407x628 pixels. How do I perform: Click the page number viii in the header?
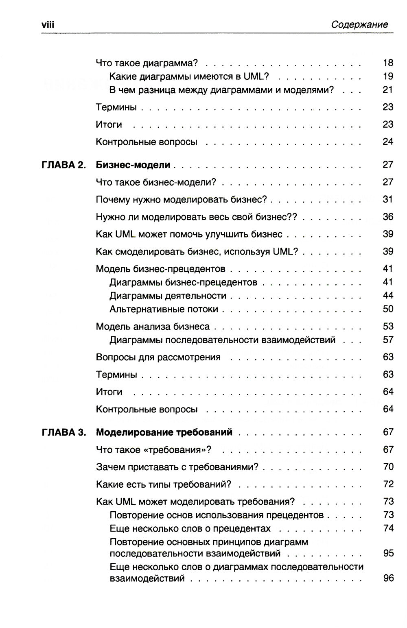(x=48, y=25)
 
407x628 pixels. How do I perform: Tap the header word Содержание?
(x=359, y=25)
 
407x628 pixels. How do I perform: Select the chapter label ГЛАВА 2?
(x=64, y=165)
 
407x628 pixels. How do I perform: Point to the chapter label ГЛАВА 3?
(x=64, y=432)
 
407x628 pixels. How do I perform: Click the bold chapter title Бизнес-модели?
(x=133, y=165)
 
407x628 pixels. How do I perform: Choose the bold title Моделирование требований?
(x=164, y=432)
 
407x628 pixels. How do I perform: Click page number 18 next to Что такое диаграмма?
(x=388, y=63)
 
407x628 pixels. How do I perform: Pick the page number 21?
(x=388, y=90)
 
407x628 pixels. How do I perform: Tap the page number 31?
(x=388, y=199)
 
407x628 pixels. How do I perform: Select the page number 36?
(x=388, y=217)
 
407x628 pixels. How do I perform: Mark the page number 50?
(x=388, y=309)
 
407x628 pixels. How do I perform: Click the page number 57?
(x=388, y=340)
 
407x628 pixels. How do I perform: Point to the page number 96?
(x=388, y=578)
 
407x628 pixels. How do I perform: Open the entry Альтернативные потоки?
(x=164, y=309)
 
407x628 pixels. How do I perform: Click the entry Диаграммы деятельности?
(x=168, y=296)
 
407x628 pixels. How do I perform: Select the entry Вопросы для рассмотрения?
(x=158, y=357)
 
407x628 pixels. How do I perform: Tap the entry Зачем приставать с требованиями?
(x=177, y=467)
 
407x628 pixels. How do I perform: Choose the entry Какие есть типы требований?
(x=164, y=484)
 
